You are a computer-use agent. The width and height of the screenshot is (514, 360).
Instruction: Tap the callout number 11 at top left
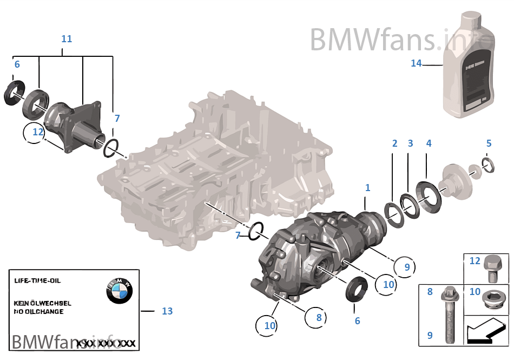[x=66, y=39]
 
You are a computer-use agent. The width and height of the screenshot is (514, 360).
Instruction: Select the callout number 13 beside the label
[x=167, y=311]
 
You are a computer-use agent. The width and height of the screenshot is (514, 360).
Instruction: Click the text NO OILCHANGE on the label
[x=38, y=312]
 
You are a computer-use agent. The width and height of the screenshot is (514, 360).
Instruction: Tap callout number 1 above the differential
[x=367, y=188]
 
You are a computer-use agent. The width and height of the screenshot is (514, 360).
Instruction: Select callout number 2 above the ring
[x=394, y=143]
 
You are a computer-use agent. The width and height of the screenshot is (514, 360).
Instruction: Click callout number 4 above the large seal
[x=429, y=143]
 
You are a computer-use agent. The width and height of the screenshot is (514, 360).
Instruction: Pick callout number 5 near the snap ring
[x=489, y=143]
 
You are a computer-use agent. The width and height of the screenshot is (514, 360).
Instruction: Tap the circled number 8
[x=319, y=317]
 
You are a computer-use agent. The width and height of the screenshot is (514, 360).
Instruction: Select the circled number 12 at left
[x=37, y=132]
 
